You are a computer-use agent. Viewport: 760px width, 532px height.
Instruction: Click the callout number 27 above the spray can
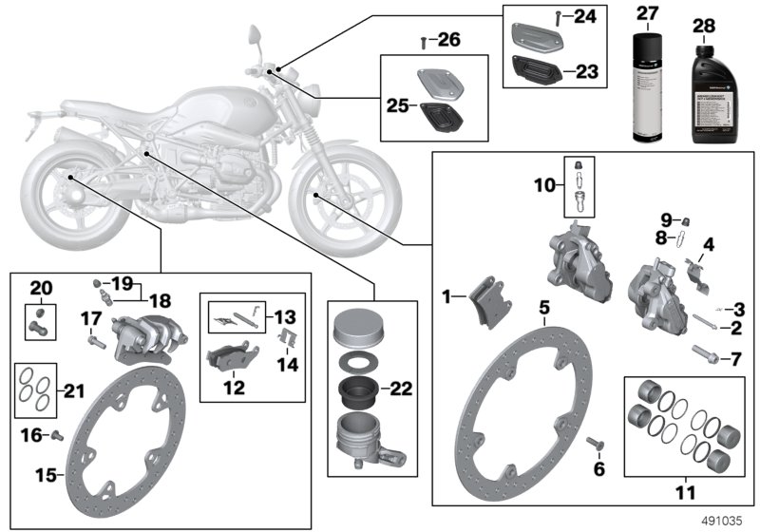click(647, 14)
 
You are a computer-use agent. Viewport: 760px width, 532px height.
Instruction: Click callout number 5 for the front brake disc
click(543, 307)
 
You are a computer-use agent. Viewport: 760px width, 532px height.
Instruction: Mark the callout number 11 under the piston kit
click(683, 493)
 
